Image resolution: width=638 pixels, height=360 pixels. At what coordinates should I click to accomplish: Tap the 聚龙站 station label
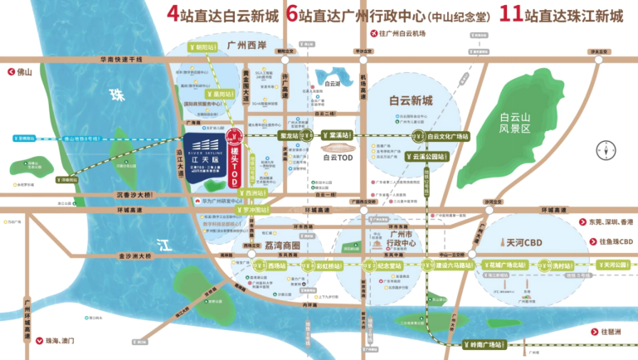coord(289,134)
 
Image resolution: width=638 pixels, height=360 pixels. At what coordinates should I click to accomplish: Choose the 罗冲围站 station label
coord(257,211)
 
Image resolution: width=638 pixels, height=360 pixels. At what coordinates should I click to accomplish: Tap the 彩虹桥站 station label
coord(329,265)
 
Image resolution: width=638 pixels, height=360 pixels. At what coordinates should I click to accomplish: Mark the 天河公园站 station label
coord(616,265)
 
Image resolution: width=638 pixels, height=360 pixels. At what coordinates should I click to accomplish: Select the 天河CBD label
coord(525,241)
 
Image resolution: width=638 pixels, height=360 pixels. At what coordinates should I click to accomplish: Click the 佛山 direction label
coord(23,72)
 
